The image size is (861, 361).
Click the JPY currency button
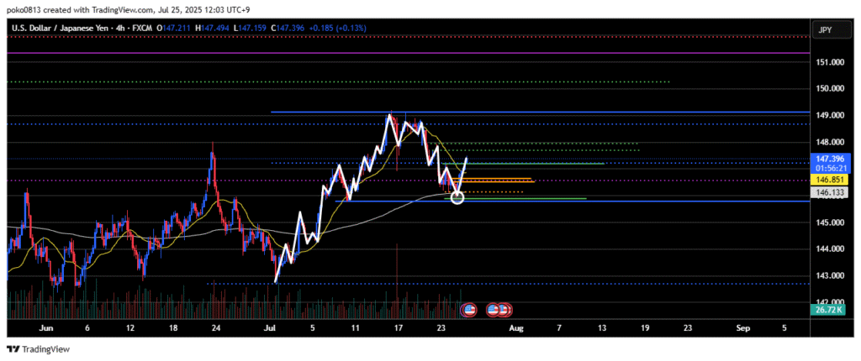point(826,31)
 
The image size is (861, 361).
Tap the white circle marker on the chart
point(457,197)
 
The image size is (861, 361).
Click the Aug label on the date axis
point(517,329)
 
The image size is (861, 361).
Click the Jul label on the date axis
point(270,329)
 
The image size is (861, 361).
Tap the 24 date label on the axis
point(217,329)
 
